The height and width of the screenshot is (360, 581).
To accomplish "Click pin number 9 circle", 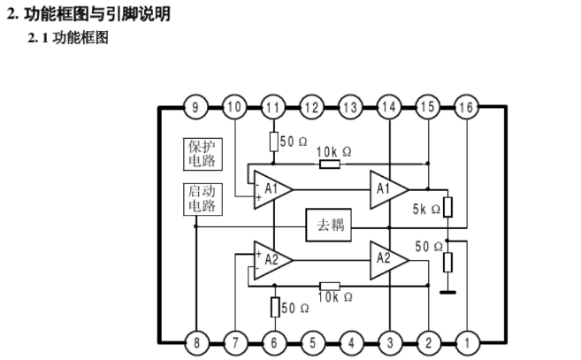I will (196, 108).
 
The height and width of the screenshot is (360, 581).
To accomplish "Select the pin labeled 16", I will (466, 108).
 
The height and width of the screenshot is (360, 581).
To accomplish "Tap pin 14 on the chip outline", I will (388, 108).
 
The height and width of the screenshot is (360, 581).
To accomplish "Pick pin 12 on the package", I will (311, 108).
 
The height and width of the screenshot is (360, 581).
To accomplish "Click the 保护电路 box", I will (202, 153).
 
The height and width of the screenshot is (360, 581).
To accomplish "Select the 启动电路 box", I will (202, 199).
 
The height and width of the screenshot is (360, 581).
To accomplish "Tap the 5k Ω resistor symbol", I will (447, 208).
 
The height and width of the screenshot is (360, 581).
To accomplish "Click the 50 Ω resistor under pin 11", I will (273, 141).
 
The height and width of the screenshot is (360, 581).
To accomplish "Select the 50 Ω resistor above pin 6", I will (274, 308).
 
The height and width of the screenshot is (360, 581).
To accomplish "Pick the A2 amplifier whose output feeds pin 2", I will (387, 259).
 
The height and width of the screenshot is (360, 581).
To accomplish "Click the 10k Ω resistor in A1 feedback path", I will (330, 164).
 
